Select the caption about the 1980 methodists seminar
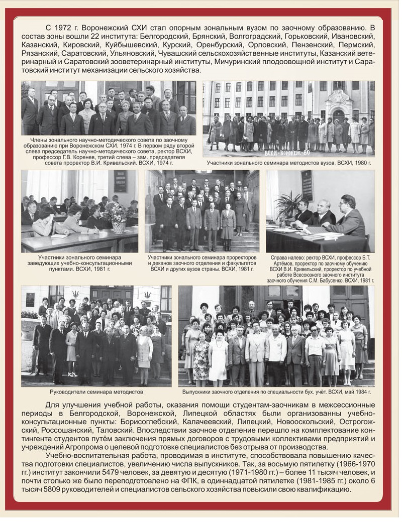click(x=288, y=163)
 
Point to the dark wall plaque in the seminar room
click(x=121, y=181)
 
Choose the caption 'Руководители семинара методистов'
click(x=96, y=391)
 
